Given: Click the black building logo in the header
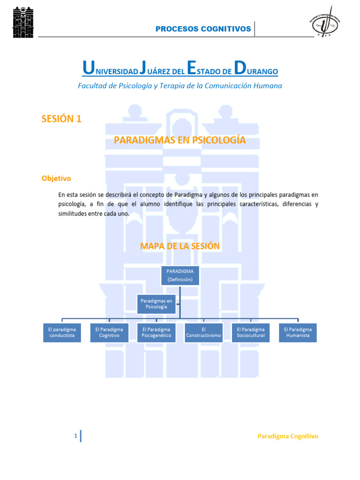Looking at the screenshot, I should point(23,22).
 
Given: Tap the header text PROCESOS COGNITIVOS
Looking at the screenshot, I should point(203,29).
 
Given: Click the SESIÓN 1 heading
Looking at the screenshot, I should point(61,119).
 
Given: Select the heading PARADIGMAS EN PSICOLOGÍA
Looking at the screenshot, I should point(180,140).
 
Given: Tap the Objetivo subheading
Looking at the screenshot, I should point(56,178).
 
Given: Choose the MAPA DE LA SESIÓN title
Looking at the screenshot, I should point(180,246).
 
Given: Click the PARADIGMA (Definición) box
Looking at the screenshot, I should point(180,275).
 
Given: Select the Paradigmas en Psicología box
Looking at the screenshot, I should point(157,303).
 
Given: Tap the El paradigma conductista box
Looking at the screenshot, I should point(62,332).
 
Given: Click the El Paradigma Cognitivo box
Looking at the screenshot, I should point(109,332).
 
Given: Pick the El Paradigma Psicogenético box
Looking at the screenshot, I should point(157,332).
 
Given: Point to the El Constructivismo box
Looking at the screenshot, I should point(203,332).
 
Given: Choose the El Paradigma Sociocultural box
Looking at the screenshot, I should point(251,332).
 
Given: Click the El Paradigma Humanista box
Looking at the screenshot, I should point(298,332).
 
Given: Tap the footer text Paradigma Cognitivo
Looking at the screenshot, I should point(288,436).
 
